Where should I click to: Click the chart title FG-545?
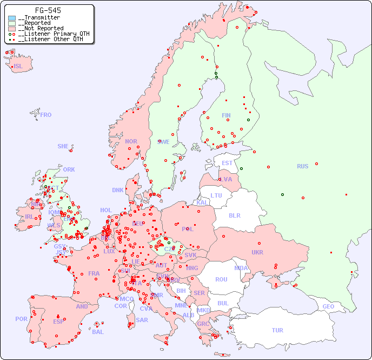[x=48, y=10]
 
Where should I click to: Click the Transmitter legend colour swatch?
[x=12, y=18]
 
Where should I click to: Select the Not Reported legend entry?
[x=40, y=28]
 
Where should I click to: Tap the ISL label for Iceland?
[x=18, y=67]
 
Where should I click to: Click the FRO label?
[x=46, y=115]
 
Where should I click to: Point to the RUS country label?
[x=302, y=166]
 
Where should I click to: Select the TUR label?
[x=277, y=330]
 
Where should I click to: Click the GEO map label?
[x=328, y=306]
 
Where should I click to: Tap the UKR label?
[x=257, y=252]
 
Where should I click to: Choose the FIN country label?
[x=226, y=115]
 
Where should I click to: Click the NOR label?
[x=131, y=141]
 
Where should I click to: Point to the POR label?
[x=21, y=319]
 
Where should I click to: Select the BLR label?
[x=235, y=215]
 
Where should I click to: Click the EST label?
[x=227, y=163]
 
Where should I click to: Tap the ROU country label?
[x=221, y=279]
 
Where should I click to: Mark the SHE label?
[x=63, y=146]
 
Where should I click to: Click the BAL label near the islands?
[x=97, y=332]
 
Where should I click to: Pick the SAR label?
[x=142, y=320]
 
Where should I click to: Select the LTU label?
[x=216, y=195]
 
